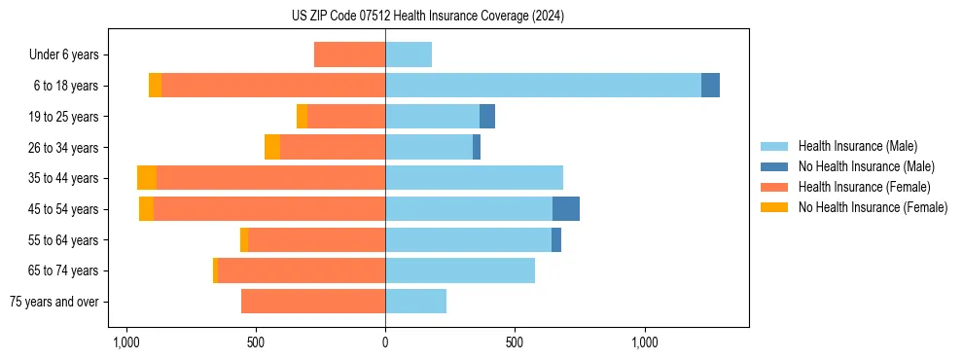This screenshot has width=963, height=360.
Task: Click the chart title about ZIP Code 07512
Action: pyautogui.click(x=427, y=17)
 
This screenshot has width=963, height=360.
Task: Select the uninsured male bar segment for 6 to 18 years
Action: pyautogui.click(x=710, y=86)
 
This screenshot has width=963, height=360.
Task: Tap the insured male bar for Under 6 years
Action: pyautogui.click(x=409, y=54)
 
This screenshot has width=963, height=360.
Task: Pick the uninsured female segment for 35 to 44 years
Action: pyautogui.click(x=147, y=178)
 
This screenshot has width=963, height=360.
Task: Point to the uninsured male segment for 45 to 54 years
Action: pyautogui.click(x=566, y=209)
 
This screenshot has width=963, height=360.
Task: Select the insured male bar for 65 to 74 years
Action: pyautogui.click(x=460, y=270)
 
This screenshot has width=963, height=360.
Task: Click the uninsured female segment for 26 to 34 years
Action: pyautogui.click(x=272, y=147)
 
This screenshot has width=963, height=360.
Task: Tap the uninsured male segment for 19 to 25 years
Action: pyautogui.click(x=487, y=117)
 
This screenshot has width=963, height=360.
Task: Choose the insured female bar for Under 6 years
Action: pyautogui.click(x=349, y=54)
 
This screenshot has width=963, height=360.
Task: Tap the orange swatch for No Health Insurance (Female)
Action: pyautogui.click(x=775, y=207)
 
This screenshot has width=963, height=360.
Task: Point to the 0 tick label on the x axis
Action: pyautogui.click(x=385, y=342)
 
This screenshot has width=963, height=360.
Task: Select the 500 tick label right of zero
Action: pyautogui.click(x=515, y=342)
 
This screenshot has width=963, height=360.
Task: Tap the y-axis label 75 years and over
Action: pyautogui.click(x=54, y=302)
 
